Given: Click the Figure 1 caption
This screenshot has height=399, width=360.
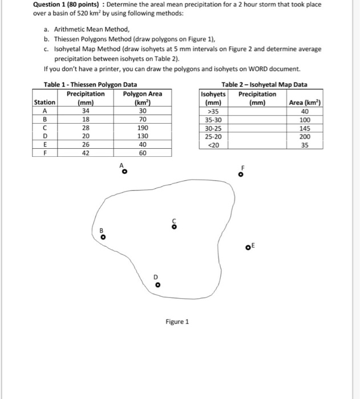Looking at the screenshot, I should pyautogui.click(x=177, y=321).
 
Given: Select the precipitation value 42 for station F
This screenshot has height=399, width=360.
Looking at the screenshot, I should pyautogui.click(x=86, y=153).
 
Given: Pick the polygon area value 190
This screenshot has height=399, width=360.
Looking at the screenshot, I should pyautogui.click(x=143, y=128).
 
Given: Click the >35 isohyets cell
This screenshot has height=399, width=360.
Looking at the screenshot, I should pyautogui.click(x=213, y=112).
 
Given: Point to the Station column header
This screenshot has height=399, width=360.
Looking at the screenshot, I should pyautogui.click(x=45, y=103).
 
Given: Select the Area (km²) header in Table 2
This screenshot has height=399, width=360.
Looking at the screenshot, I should pyautogui.click(x=306, y=103).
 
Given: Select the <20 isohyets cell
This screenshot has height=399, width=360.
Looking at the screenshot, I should pyautogui.click(x=213, y=145).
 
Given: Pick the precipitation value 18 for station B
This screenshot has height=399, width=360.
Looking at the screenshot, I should pyautogui.click(x=86, y=120).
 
